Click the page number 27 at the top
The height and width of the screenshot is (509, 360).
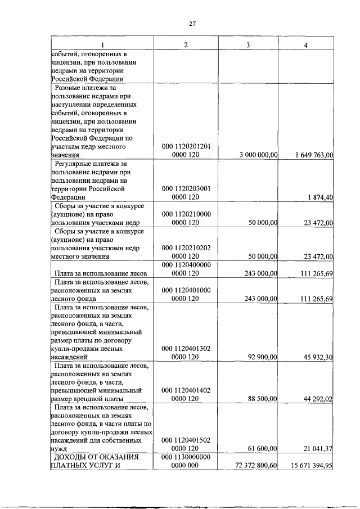tap(192, 24)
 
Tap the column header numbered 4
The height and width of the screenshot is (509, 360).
tap(305, 45)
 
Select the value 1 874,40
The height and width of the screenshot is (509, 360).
tap(321, 197)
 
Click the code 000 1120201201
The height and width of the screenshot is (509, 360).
tap(186, 146)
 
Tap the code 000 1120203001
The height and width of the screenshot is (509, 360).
tap(186, 188)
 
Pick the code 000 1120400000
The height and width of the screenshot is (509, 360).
tap(186, 264)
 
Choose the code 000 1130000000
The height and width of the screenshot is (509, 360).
tap(186, 457)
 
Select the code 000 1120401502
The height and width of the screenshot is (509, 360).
tap(186, 440)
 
